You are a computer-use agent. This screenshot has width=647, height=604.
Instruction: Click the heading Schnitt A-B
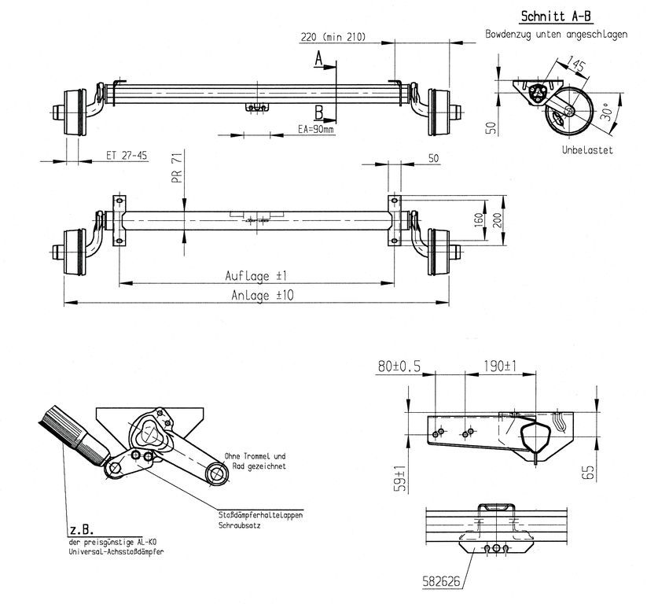coord(556,16)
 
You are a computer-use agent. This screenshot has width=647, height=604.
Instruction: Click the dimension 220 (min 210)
coord(333,37)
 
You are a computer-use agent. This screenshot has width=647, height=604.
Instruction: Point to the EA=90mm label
coord(316,129)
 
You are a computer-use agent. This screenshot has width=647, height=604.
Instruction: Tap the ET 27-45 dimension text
coord(127,155)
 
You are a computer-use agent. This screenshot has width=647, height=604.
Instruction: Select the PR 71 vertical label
coord(177,168)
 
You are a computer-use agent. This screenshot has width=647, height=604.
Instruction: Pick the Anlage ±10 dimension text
coord(263,295)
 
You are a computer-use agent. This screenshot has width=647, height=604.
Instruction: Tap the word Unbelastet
coord(587,150)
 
